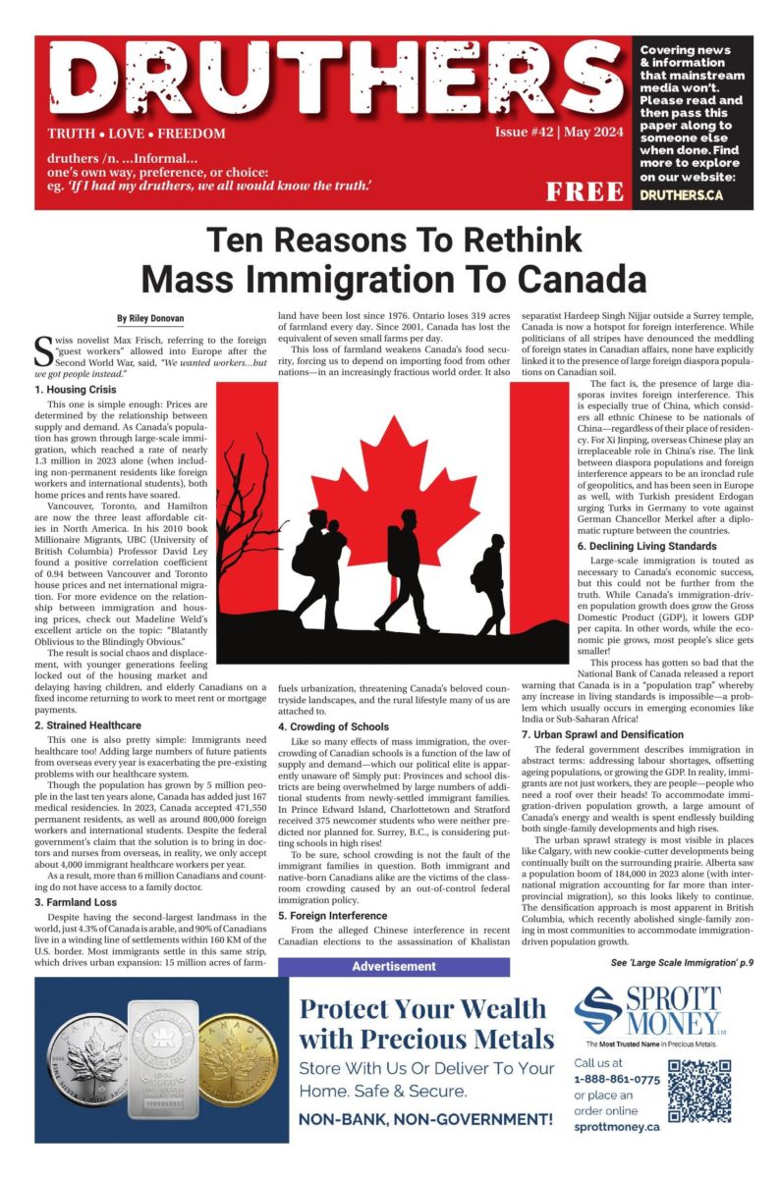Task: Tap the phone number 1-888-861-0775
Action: tap(617, 1078)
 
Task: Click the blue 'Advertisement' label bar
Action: tap(394, 967)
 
